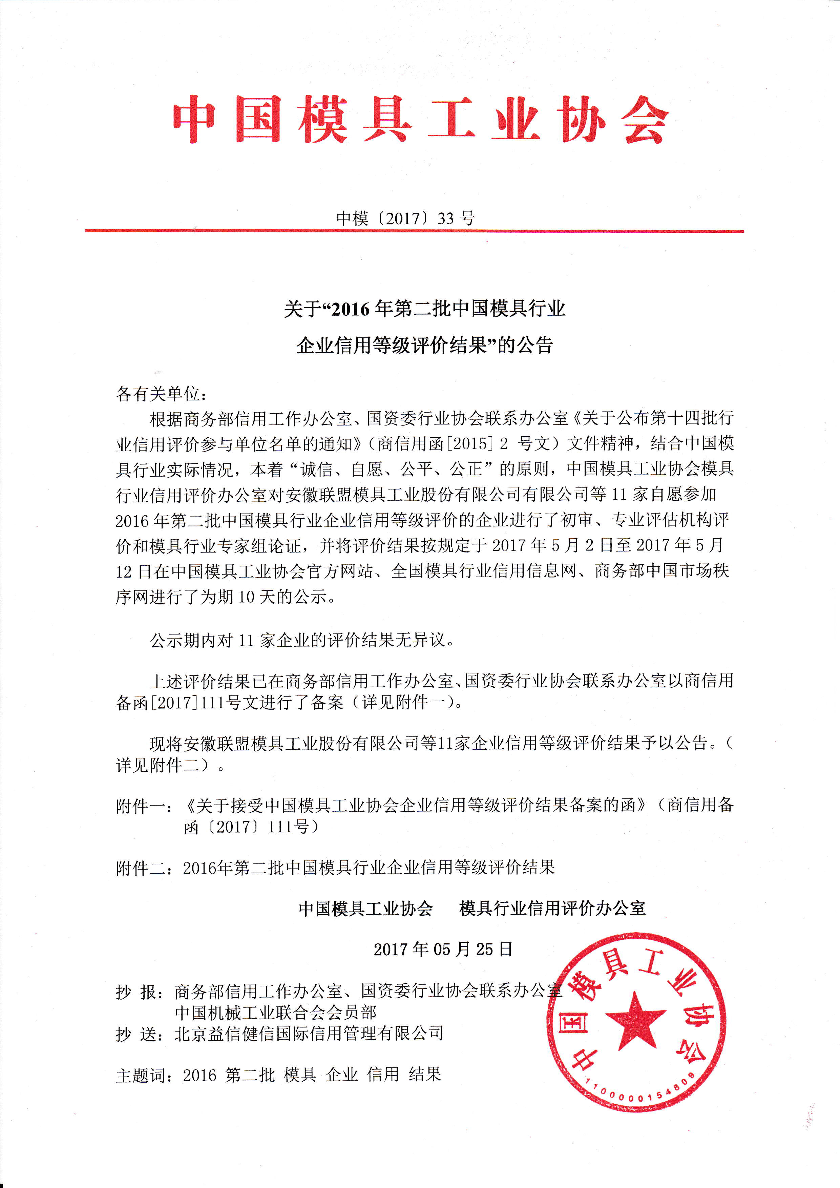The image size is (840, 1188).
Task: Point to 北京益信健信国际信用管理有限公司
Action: [309, 1034]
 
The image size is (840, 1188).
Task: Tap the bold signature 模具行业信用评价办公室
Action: [552, 908]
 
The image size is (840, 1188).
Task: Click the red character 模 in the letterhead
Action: [323, 120]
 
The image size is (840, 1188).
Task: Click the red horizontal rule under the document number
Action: [414, 231]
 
